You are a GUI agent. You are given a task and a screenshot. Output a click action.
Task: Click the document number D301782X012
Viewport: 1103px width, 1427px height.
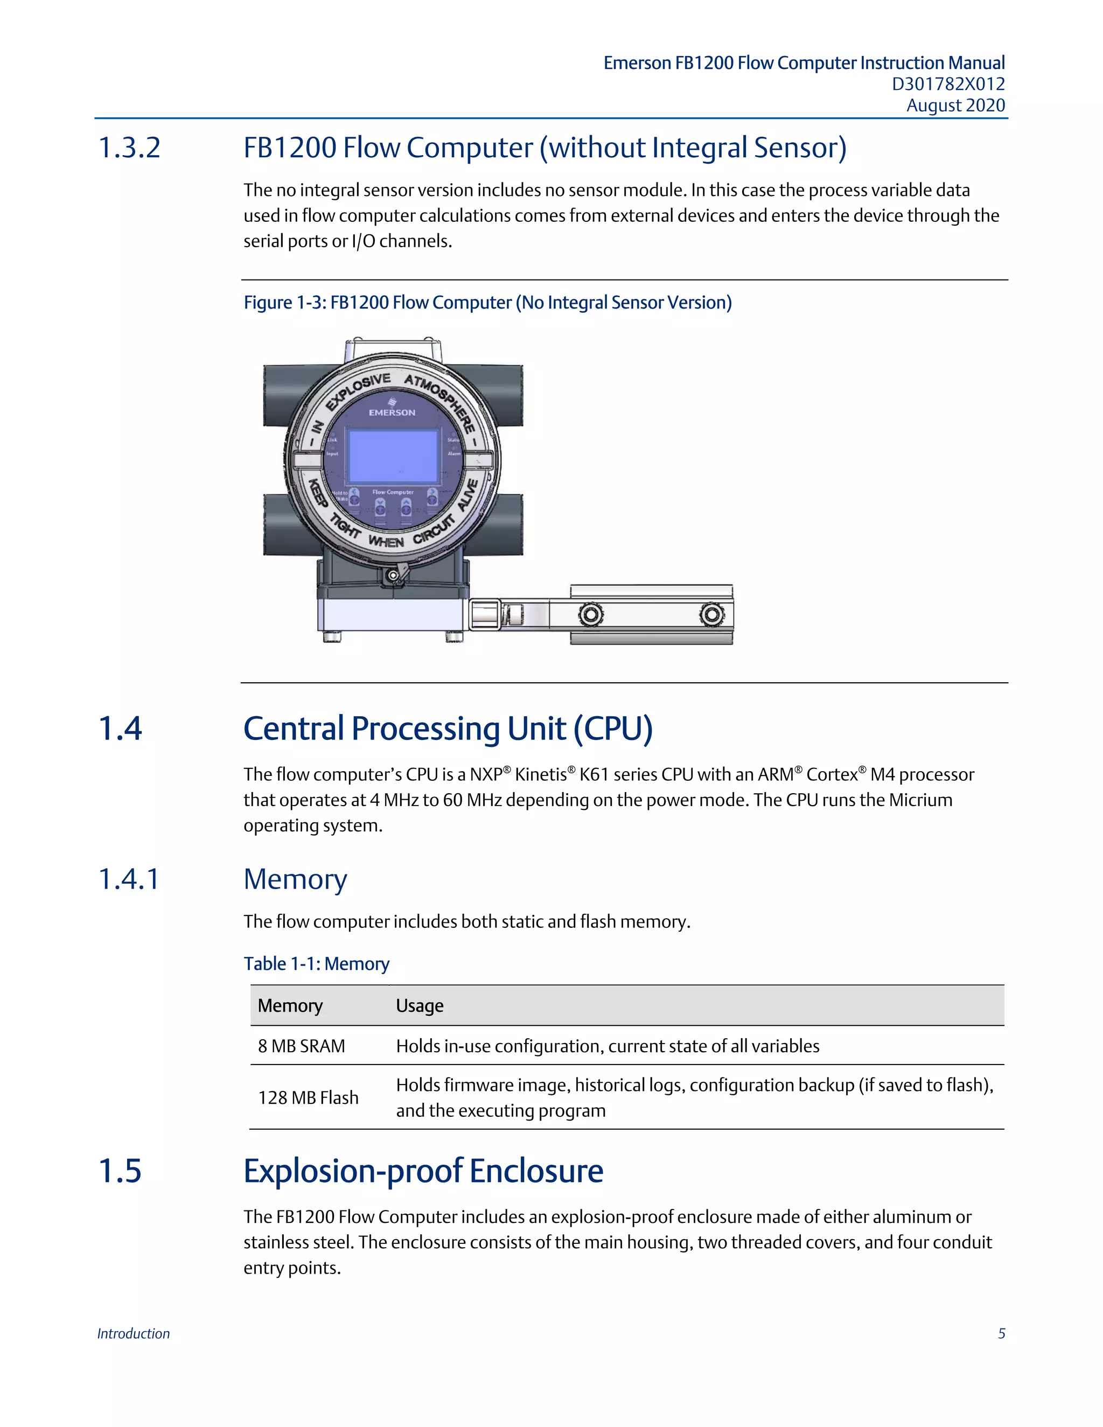pyautogui.click(x=947, y=85)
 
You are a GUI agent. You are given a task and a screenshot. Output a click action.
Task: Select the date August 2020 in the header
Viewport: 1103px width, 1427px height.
pyautogui.click(x=955, y=106)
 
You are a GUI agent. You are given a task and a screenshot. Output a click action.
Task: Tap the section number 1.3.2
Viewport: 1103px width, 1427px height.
pyautogui.click(x=129, y=148)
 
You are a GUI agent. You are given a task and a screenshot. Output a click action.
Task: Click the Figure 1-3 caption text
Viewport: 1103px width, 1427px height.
pyautogui.click(x=487, y=303)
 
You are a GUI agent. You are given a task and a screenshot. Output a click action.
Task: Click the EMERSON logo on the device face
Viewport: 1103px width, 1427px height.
pyautogui.click(x=392, y=408)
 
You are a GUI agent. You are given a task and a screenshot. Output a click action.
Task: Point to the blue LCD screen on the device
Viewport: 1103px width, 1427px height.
pyautogui.click(x=393, y=457)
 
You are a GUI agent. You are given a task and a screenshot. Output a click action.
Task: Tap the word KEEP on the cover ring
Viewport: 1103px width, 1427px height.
pyautogui.click(x=318, y=493)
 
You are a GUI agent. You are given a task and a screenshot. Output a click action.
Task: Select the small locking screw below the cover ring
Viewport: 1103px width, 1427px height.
pyautogui.click(x=393, y=576)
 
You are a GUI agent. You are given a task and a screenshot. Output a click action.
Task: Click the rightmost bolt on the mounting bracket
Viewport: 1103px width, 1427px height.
pyautogui.click(x=711, y=615)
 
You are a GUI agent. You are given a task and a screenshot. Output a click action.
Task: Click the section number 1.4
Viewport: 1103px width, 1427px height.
pyautogui.click(x=120, y=729)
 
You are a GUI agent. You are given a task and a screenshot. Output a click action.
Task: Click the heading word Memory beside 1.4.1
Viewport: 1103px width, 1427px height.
pyautogui.click(x=295, y=879)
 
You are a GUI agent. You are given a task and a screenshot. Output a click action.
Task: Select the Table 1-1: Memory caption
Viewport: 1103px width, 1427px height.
pyautogui.click(x=316, y=964)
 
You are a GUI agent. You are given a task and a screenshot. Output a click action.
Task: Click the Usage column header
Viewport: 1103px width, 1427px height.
pyautogui.click(x=420, y=1005)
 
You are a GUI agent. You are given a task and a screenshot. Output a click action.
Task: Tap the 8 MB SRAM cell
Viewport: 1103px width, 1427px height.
pyautogui.click(x=301, y=1046)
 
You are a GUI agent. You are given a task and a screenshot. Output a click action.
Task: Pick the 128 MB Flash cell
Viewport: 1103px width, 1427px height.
pyautogui.click(x=308, y=1097)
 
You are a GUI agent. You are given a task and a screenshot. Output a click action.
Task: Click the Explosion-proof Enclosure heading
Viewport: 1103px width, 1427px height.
pyautogui.click(x=423, y=1171)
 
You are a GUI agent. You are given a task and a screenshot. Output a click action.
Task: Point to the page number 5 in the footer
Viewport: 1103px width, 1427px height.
pyautogui.click(x=1001, y=1333)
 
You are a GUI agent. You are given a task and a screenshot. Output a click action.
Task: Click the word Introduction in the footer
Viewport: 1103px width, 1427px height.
pyautogui.click(x=134, y=1333)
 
